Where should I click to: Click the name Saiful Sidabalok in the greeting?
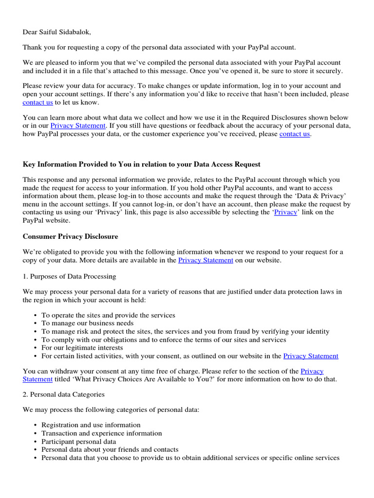(66, 32)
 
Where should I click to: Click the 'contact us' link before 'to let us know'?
(37, 103)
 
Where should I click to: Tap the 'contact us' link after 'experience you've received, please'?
(295, 134)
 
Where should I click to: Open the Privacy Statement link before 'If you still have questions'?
(78, 126)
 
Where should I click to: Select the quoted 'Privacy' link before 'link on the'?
(285, 213)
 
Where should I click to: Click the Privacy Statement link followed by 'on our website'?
(206, 260)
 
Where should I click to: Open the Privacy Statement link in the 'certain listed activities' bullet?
(311, 356)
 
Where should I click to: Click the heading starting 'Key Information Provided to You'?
(142, 164)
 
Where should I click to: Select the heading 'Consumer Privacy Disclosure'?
(70, 236)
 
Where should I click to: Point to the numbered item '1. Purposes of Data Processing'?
(69, 276)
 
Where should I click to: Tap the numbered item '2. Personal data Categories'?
(63, 394)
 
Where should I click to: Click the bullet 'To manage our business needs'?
(87, 323)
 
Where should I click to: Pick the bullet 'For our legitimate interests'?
(82, 348)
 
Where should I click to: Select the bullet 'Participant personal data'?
(78, 442)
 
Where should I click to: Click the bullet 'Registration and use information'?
(91, 425)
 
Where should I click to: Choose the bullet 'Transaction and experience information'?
(101, 433)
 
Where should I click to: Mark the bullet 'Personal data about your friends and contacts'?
(110, 450)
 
